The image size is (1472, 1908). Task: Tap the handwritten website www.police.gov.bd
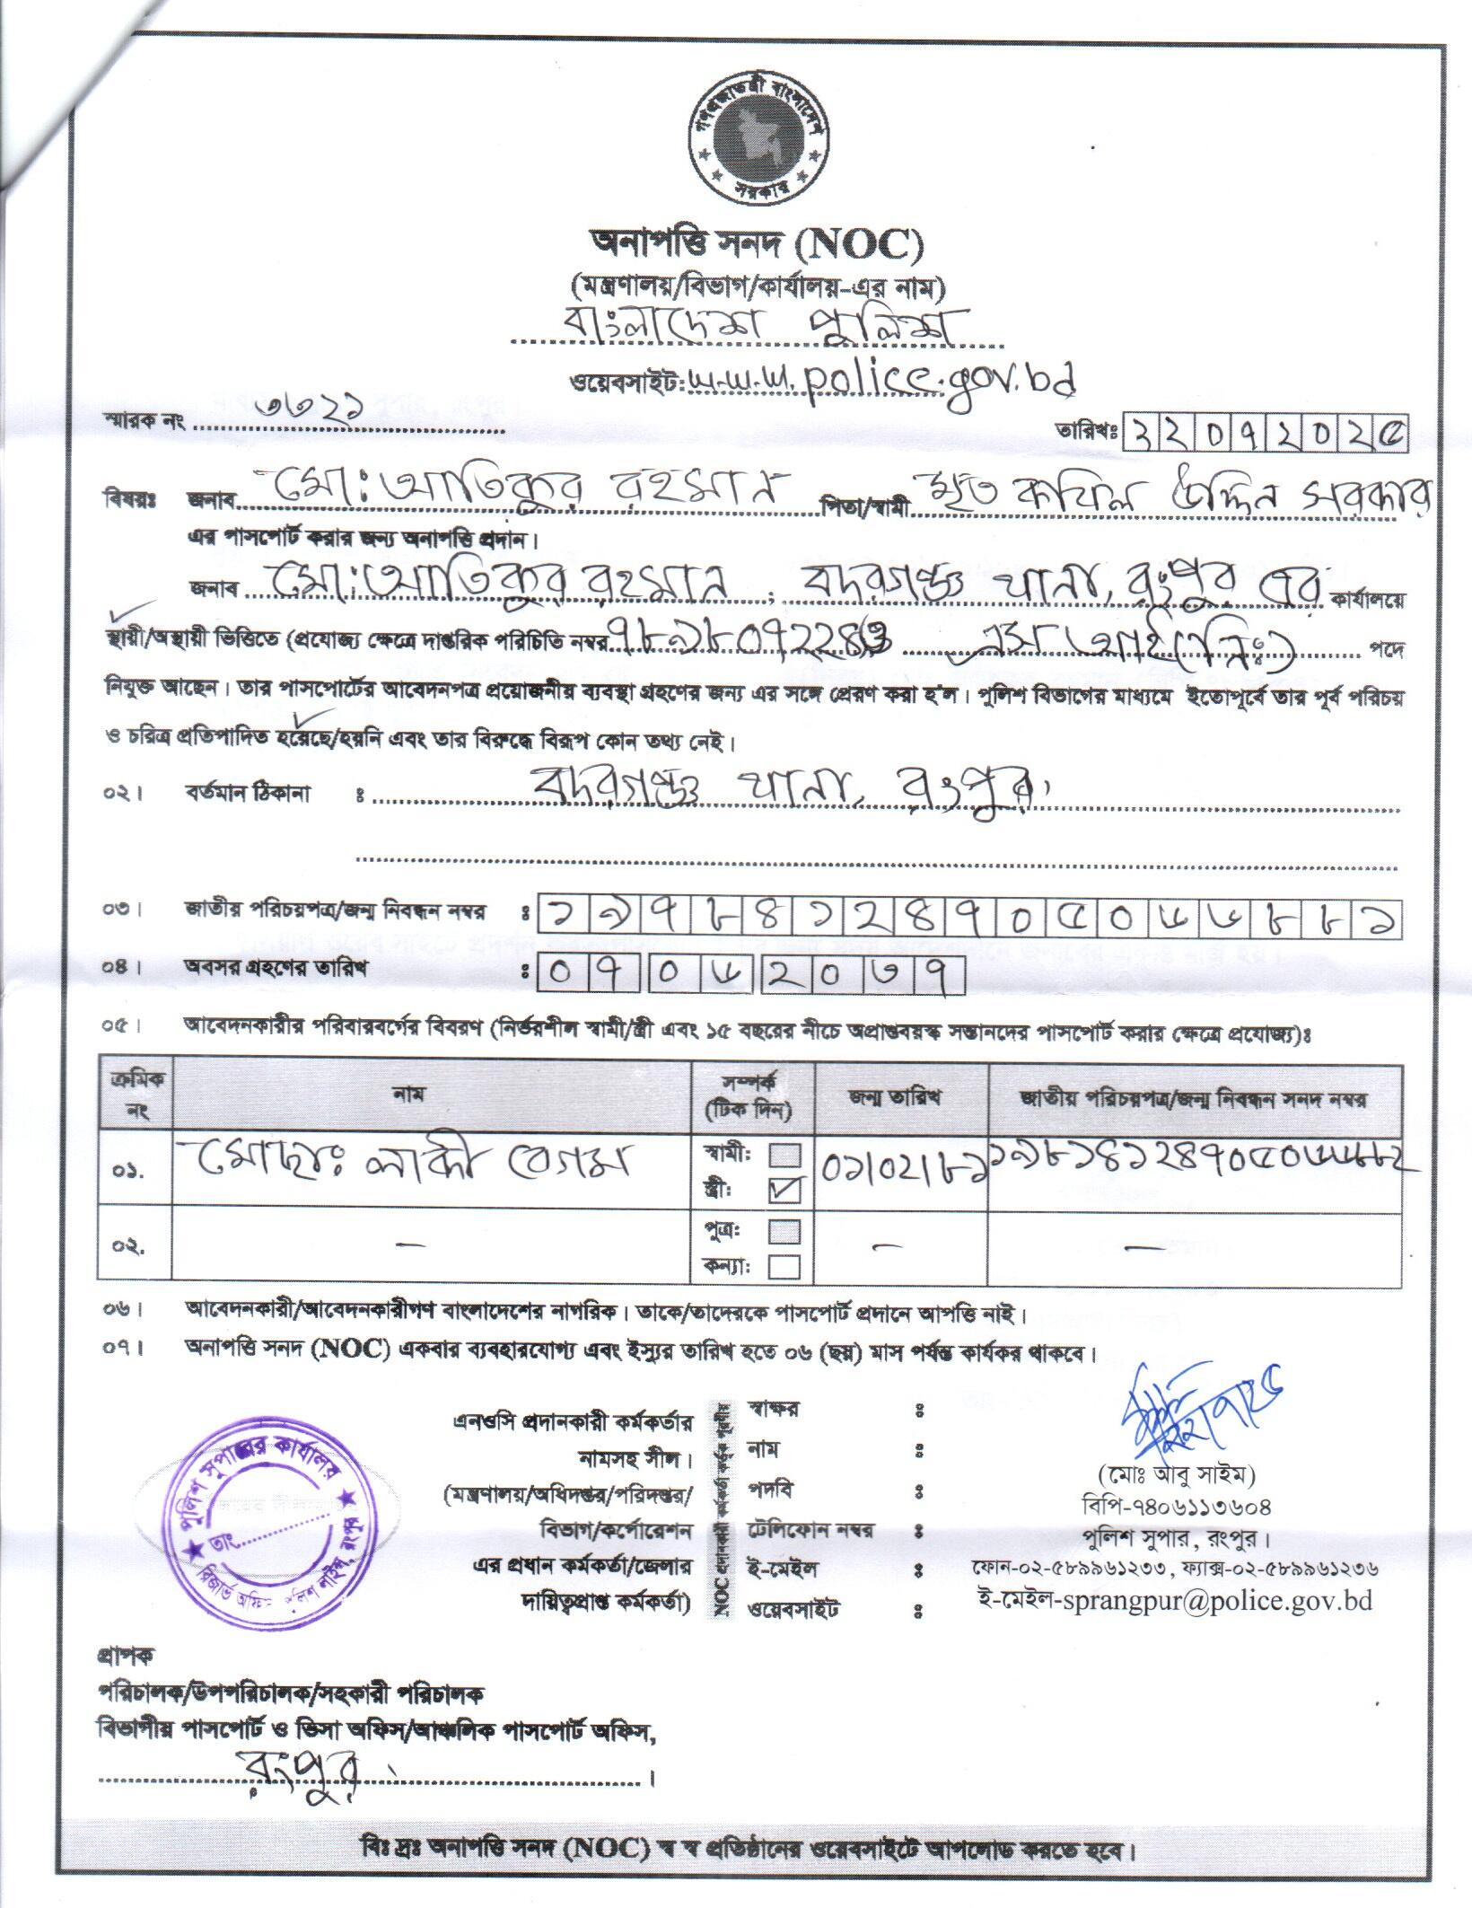click(x=880, y=380)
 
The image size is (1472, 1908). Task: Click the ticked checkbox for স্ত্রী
click(x=785, y=1189)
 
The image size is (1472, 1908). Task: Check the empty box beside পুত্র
click(x=785, y=1229)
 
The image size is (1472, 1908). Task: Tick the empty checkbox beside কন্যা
click(x=785, y=1266)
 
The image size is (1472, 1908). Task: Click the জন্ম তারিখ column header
click(x=900, y=1098)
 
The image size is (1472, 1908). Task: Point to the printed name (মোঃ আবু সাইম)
click(x=1176, y=1473)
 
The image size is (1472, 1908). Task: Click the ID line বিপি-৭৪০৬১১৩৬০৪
click(x=1176, y=1506)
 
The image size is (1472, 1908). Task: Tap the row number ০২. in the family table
click(x=129, y=1246)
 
